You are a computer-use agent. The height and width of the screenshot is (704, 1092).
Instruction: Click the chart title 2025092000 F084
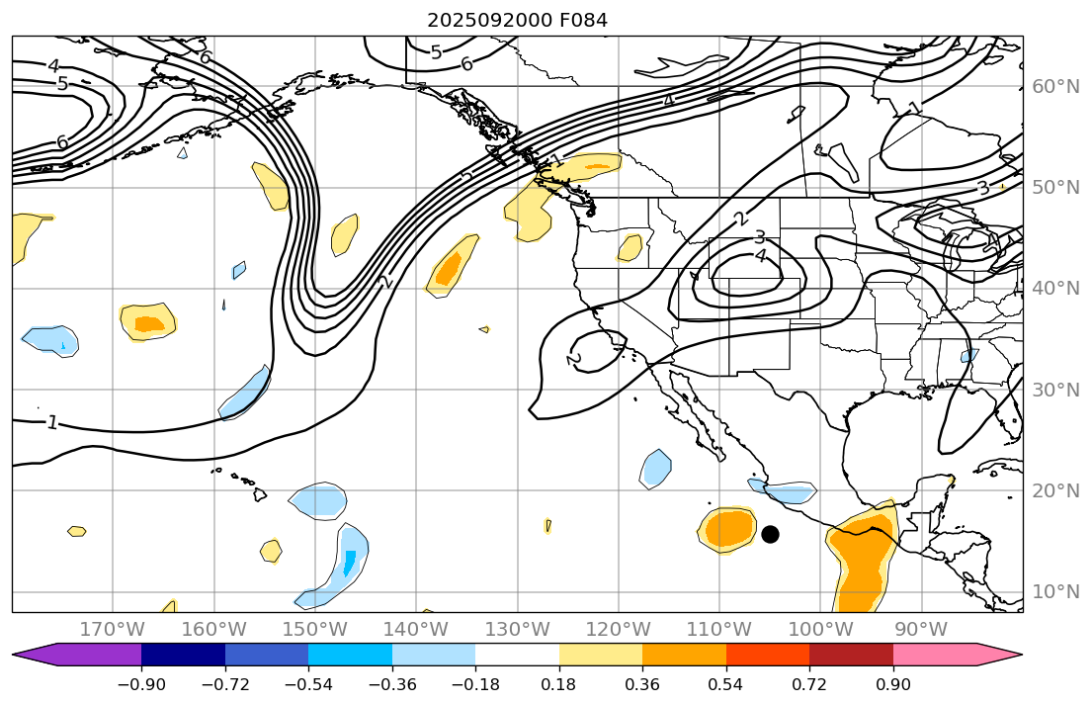click(517, 20)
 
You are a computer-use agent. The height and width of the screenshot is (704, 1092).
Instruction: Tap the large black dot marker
click(770, 534)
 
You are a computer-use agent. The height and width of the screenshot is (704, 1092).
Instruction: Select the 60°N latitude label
click(1055, 86)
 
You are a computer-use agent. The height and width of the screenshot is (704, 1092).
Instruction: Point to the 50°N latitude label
click(1055, 187)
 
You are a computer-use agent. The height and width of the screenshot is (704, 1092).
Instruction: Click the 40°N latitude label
click(1055, 288)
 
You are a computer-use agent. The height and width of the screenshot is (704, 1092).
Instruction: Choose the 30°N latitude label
click(1055, 390)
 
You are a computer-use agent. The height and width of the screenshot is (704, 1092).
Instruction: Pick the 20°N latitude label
click(1055, 490)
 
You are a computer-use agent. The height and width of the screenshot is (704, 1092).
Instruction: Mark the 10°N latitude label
click(1055, 591)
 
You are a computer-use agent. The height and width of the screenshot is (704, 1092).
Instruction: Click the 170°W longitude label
click(112, 630)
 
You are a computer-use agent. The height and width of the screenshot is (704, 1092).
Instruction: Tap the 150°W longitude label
click(314, 630)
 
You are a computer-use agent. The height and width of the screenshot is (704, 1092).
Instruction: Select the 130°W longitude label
click(517, 630)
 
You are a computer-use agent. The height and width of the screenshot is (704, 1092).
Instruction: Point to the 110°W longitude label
click(718, 630)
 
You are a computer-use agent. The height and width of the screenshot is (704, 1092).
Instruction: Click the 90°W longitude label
click(921, 630)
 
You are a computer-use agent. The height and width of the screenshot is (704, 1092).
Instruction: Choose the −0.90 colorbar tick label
click(141, 684)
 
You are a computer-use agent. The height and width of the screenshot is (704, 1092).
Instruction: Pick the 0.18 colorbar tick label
click(559, 684)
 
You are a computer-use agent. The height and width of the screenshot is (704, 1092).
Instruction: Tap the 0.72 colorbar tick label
click(809, 684)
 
